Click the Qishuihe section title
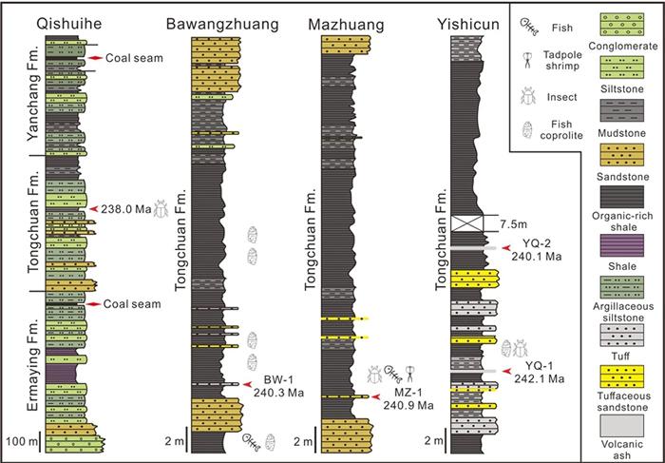click(56, 23)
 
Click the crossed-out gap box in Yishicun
click(475, 223)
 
